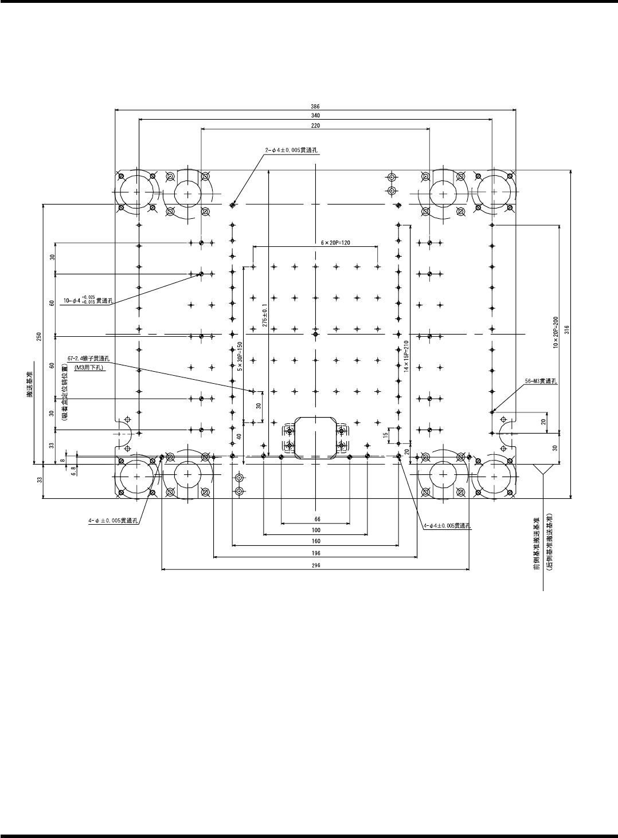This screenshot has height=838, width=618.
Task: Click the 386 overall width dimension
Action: click(x=315, y=106)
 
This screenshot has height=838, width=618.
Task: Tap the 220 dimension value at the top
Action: click(x=315, y=125)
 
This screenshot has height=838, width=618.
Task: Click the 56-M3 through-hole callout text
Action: click(x=542, y=380)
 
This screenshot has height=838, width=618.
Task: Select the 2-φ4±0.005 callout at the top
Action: click(x=291, y=150)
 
